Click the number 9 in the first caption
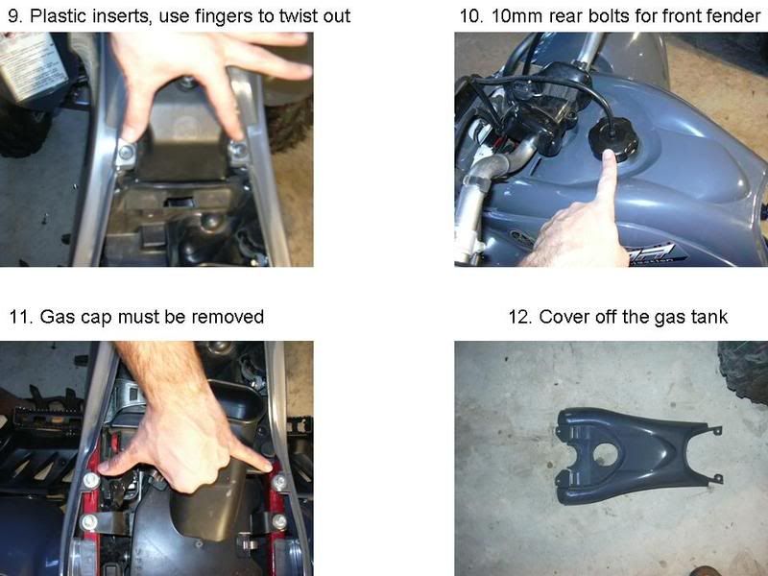coord(13,15)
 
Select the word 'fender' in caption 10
coord(727,15)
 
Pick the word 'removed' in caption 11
coord(230,317)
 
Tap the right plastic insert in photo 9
coord(238,152)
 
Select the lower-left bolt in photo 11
coord(88,520)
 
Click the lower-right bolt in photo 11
coord(279,520)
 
